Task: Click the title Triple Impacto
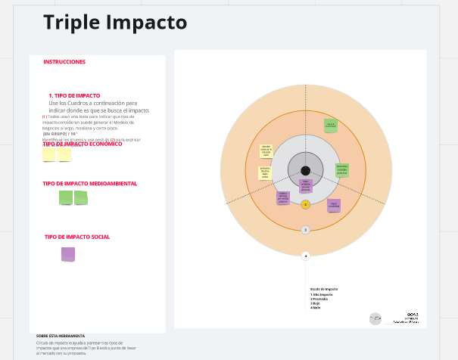tap(114, 23)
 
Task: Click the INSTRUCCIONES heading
tap(64, 62)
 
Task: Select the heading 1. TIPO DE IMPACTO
tap(74, 96)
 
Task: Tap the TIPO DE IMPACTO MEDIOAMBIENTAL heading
tap(90, 184)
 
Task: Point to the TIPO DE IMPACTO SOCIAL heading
tap(77, 237)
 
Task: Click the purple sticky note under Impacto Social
tap(68, 254)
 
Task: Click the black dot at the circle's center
tap(305, 171)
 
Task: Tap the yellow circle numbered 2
tap(306, 204)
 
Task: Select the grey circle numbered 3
tap(306, 230)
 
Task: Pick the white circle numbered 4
tap(306, 256)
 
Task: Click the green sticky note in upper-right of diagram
tap(330, 125)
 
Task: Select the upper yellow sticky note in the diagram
tap(266, 151)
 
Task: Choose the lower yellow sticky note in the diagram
tap(265, 173)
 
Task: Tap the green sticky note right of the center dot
tap(342, 169)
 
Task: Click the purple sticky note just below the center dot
tap(306, 185)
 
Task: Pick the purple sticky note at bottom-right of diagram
tap(334, 205)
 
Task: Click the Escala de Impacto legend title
tap(323, 289)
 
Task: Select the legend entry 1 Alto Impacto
tap(322, 294)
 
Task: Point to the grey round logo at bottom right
tap(375, 319)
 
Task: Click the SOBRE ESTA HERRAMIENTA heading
tap(61, 336)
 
